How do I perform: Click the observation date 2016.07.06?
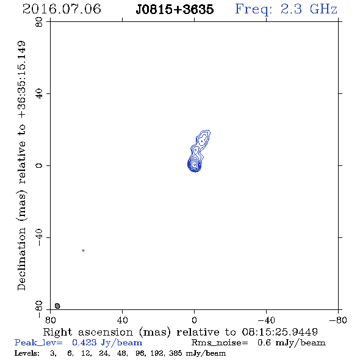pyautogui.click(x=62, y=9)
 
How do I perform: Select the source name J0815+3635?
pyautogui.click(x=175, y=10)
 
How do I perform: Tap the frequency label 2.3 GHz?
pyautogui.click(x=308, y=9)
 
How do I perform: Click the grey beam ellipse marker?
pyautogui.click(x=57, y=306)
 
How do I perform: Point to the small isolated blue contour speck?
pyautogui.click(x=84, y=251)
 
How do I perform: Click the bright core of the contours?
pyautogui.click(x=195, y=164)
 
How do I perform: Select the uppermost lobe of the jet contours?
pyautogui.click(x=203, y=139)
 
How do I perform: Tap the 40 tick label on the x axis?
pyautogui.click(x=122, y=320)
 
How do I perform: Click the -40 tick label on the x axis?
pyautogui.click(x=266, y=320)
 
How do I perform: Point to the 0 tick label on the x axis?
pyautogui.click(x=194, y=320)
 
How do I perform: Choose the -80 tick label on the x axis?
pyautogui.click(x=338, y=320)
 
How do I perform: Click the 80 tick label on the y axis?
pyautogui.click(x=39, y=22)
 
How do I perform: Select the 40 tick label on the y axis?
pyautogui.click(x=39, y=94)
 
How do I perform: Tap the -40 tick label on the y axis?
pyautogui.click(x=39, y=237)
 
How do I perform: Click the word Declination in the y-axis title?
pyautogui.click(x=21, y=259)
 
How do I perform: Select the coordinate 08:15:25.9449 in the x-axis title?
pyautogui.click(x=279, y=332)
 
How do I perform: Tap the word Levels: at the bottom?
pyautogui.click(x=27, y=353)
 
